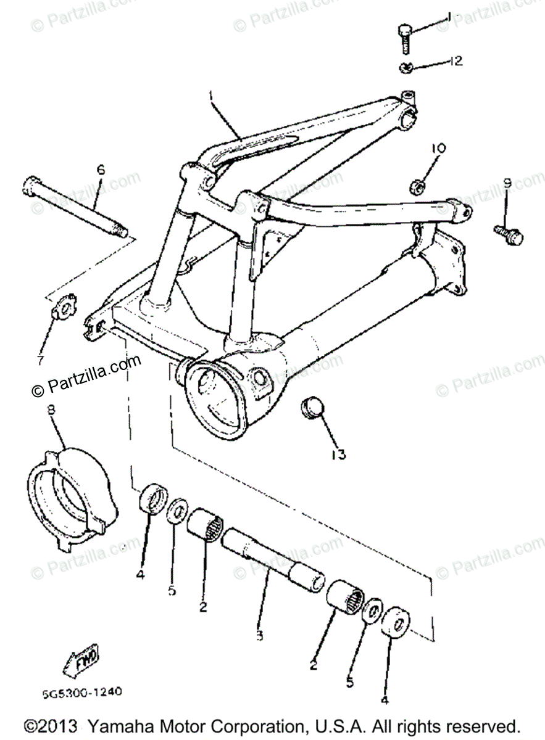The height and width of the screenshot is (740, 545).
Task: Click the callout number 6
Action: [x=101, y=169]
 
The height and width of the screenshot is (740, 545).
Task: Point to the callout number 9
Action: [x=507, y=183]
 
